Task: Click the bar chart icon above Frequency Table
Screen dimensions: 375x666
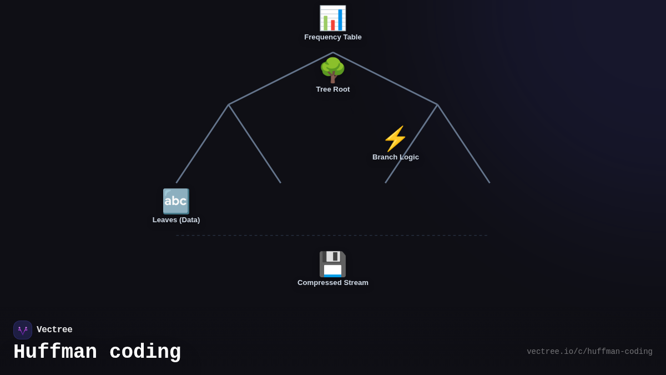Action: (x=332, y=18)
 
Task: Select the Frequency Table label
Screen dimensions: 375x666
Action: (x=333, y=37)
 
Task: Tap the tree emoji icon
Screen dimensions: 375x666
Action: (x=332, y=71)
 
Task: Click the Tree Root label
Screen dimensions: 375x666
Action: (x=333, y=89)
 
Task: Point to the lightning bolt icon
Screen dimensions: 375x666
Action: (x=395, y=139)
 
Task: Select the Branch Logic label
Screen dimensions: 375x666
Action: (x=396, y=157)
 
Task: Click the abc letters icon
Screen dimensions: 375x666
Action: (x=176, y=201)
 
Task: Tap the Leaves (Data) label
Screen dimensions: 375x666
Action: (x=176, y=220)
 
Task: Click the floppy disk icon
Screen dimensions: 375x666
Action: (x=332, y=264)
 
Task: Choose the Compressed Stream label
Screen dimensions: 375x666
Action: (x=333, y=283)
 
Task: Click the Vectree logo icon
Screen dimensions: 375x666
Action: (x=23, y=330)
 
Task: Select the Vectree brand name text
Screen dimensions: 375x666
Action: (x=54, y=330)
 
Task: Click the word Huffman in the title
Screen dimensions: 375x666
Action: (x=55, y=352)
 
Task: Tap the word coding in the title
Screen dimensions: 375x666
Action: (x=145, y=352)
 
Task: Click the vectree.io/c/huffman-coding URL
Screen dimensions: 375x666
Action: (x=589, y=352)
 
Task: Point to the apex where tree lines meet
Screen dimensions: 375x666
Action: (x=333, y=53)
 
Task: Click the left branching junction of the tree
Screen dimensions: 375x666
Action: (x=229, y=104)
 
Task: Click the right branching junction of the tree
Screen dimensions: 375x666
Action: (x=437, y=104)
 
